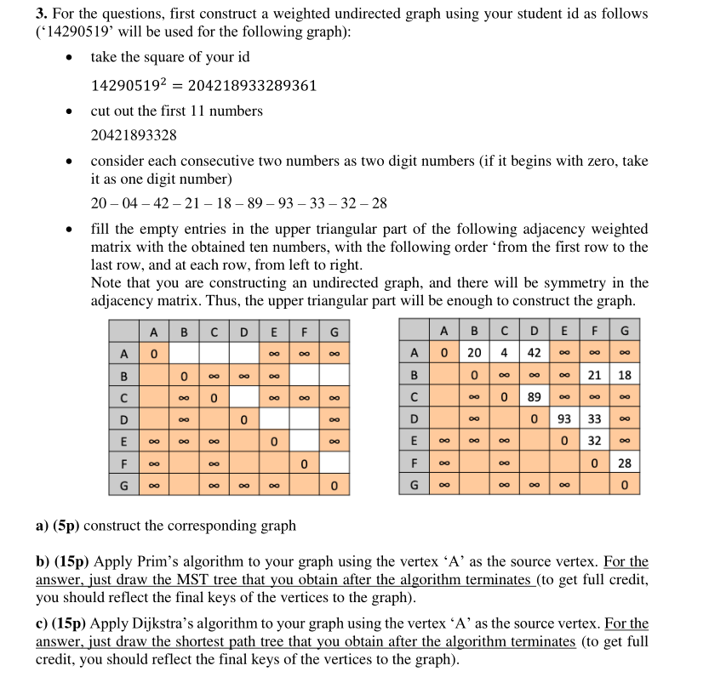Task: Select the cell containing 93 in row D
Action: click(x=563, y=419)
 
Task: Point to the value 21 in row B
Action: click(x=594, y=375)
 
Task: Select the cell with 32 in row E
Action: click(x=594, y=441)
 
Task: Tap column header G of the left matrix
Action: click(x=334, y=331)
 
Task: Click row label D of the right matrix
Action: click(x=414, y=419)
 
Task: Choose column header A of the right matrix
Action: click(x=445, y=331)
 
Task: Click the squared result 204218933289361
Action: click(x=252, y=86)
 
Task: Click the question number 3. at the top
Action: click(x=41, y=14)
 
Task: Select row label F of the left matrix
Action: click(x=124, y=464)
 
